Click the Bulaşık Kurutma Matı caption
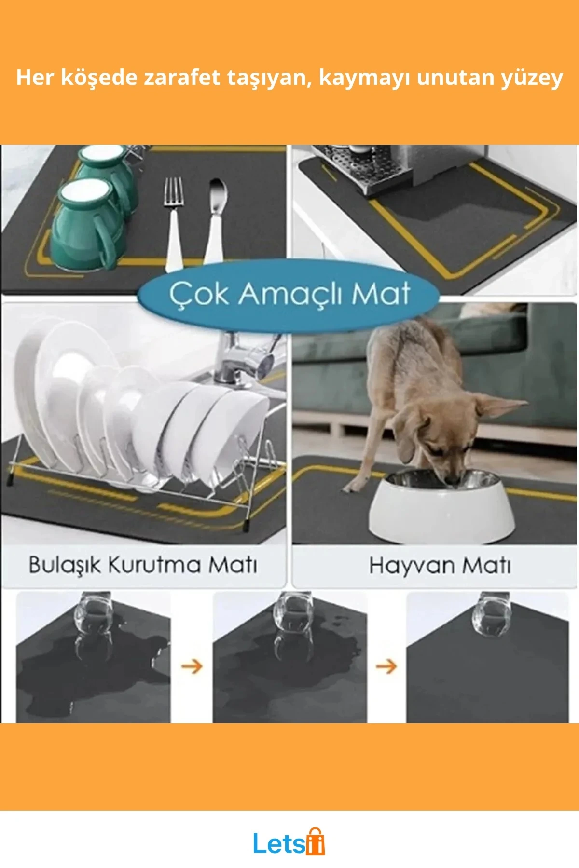(142, 565)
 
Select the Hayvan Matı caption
(440, 565)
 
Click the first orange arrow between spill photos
(192, 666)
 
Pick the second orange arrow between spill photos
(386, 666)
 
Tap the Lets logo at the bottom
(289, 841)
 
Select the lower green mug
(84, 224)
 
